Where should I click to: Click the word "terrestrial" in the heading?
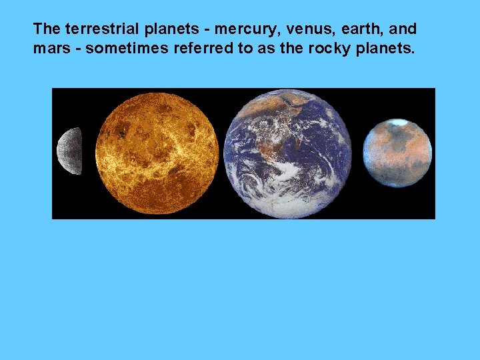click(x=99, y=29)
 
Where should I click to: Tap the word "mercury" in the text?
click(x=241, y=29)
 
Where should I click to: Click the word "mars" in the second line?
click(x=49, y=49)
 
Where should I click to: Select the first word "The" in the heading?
click(x=47, y=29)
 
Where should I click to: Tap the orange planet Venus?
click(x=157, y=153)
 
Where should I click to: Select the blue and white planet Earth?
click(x=287, y=153)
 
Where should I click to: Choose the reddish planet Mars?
click(x=397, y=153)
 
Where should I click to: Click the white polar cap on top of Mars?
click(x=399, y=123)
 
